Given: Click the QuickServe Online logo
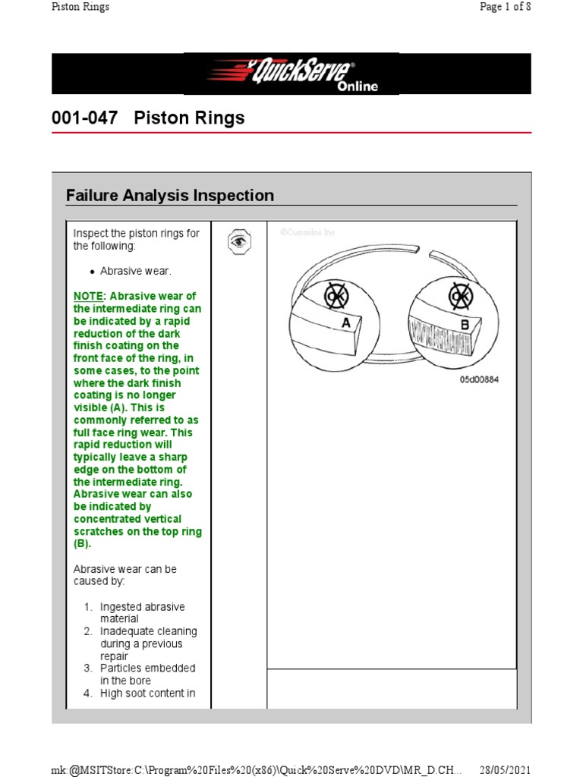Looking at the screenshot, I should (291, 74).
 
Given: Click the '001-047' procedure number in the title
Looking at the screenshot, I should (84, 118).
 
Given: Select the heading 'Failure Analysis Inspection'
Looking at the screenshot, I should (170, 196).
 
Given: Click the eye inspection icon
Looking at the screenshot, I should (238, 241).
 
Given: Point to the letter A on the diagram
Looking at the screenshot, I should (346, 322).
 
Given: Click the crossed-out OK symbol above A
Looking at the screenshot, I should (336, 295).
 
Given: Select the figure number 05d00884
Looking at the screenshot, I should (479, 379).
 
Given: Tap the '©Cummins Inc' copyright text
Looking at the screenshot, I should (307, 232).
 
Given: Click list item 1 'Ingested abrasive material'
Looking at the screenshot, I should (142, 612).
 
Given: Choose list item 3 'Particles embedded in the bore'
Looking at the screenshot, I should (147, 674).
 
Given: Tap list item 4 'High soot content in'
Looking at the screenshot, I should (147, 693).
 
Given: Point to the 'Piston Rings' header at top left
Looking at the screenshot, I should (80, 7).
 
